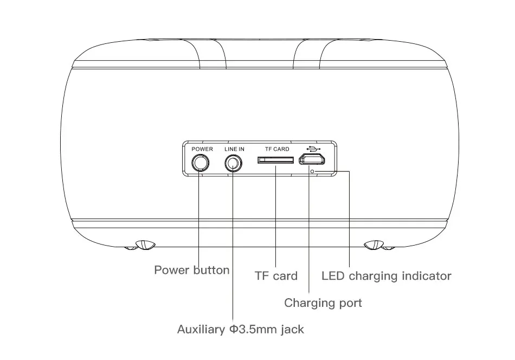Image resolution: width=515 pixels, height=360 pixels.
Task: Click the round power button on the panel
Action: point(201,163)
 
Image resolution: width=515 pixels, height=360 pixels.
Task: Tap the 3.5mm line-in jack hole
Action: point(234,163)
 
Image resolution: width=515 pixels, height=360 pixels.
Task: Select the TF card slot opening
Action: point(275,160)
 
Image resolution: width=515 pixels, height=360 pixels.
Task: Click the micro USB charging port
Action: point(312,159)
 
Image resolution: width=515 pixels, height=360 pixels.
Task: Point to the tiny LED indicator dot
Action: point(312,171)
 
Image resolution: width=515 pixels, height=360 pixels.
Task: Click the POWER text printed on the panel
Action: point(202,149)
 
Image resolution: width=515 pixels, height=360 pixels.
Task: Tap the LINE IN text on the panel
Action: point(235,149)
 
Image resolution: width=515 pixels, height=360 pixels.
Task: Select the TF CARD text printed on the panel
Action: point(277,149)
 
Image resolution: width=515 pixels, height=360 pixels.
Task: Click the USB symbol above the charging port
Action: point(313,149)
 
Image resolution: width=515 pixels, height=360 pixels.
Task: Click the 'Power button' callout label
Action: point(192,270)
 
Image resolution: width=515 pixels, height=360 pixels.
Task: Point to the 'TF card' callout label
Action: point(276,276)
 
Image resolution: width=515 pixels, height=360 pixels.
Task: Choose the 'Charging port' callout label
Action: point(323,303)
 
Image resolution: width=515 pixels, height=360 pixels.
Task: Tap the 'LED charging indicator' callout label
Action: point(387,276)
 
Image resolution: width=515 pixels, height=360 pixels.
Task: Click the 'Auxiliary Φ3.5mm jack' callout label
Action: point(241,329)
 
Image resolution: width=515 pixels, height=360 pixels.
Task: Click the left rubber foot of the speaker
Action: point(145,245)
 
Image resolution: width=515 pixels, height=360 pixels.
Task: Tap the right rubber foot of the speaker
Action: point(374,245)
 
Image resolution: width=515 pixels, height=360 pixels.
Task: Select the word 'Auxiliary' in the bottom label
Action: point(201,329)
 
